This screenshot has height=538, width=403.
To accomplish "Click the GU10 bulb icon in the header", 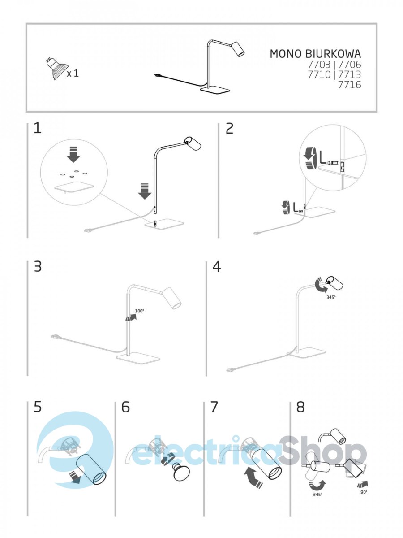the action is tap(57, 69).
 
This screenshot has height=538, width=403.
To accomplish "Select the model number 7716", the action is tap(350, 85).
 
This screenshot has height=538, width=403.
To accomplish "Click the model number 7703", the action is tap(319, 65).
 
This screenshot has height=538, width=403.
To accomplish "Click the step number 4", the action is tap(217, 267).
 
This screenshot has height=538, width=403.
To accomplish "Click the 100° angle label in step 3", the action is tap(140, 311).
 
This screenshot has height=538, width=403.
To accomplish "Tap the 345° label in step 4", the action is tap(331, 297).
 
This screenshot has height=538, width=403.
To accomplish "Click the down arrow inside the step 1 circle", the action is tap(73, 154).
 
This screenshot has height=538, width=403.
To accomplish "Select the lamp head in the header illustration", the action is tap(238, 48).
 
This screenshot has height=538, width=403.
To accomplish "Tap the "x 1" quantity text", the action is tap(73, 74).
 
